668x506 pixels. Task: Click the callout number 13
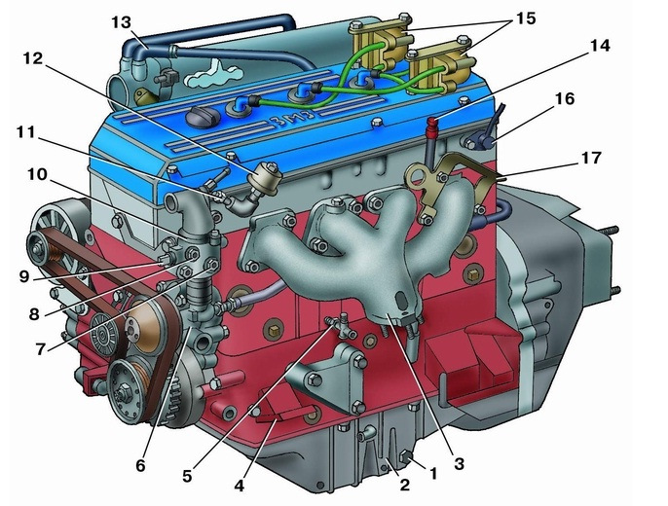point(122,22)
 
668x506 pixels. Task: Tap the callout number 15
point(525,18)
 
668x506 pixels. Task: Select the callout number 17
point(591,158)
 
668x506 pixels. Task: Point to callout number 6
point(140,465)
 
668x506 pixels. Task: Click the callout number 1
point(433,473)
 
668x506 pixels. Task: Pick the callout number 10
point(38,174)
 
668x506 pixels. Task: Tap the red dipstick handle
point(433,123)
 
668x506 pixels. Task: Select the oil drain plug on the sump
point(406,457)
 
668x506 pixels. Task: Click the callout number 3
point(459,464)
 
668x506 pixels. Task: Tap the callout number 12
point(33,58)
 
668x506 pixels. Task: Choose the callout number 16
point(565,98)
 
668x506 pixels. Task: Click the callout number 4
point(240,485)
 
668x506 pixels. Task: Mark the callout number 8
point(34,314)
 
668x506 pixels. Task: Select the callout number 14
point(600,46)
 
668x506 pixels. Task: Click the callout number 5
point(187,476)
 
